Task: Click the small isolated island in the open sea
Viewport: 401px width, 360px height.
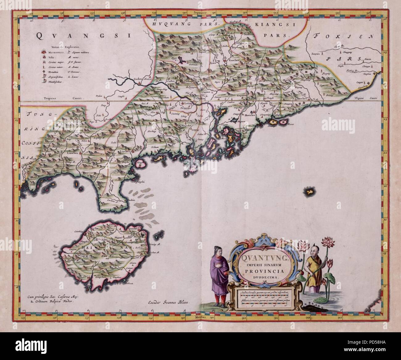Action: point(308,192)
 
